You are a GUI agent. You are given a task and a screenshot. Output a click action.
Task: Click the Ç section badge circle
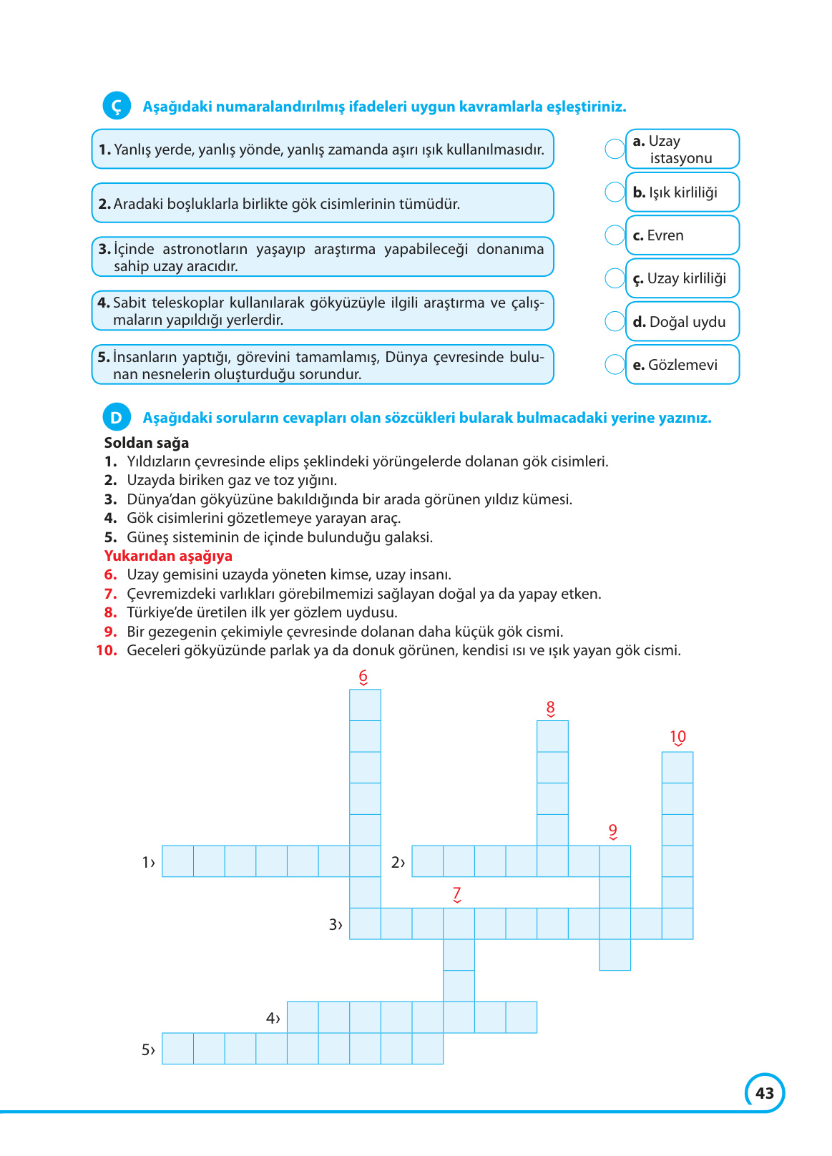pos(117,106)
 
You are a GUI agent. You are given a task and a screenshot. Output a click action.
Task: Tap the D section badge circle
pos(117,417)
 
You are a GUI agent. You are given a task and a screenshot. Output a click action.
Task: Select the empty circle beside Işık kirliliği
pos(615,192)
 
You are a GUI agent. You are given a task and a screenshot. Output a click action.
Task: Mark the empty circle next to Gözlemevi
pos(615,364)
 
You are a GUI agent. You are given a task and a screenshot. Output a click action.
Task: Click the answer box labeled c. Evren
pos(682,235)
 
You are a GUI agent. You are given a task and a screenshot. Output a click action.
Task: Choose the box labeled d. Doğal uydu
pos(682,322)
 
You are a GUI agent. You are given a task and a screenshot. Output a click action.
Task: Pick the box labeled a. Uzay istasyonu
pos(682,149)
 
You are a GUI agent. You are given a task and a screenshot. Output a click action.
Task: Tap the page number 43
pos(765,1093)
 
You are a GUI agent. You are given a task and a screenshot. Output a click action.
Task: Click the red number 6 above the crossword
pos(363,676)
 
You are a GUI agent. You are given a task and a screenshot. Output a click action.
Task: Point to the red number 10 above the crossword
pos(677,737)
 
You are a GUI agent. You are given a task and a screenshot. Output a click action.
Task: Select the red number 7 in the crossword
pos(457,893)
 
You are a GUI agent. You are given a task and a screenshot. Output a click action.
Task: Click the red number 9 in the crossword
pos(613,831)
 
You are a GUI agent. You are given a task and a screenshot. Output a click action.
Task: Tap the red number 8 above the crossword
pos(550,708)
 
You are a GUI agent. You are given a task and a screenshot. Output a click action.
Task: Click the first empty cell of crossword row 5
pos(177,1049)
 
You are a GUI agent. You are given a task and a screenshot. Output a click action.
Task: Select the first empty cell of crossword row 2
pos(428,861)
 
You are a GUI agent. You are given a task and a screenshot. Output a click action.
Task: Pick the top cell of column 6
pos(365,705)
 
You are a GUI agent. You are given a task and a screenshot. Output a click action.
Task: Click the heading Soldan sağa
pos(147,443)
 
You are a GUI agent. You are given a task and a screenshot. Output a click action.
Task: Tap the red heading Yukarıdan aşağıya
pos(168,556)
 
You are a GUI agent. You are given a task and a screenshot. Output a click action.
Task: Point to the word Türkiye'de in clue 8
pos(161,612)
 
